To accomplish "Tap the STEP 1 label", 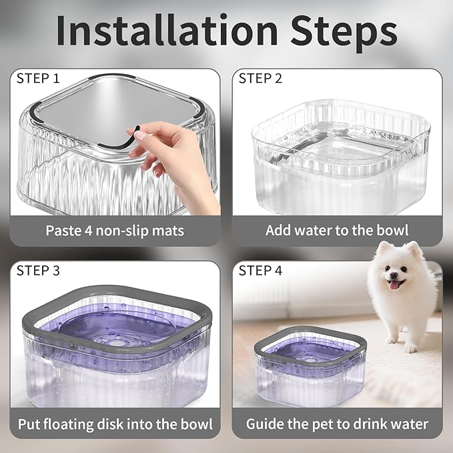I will coord(38,79).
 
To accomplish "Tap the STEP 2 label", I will coord(260,79).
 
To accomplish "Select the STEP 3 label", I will coord(38,270).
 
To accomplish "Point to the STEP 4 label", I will coord(260,270).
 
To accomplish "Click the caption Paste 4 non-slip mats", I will coord(115,231).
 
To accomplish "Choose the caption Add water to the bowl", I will coord(337,231).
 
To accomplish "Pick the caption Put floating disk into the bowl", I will coord(115,424).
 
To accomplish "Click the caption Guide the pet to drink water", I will coord(337,424).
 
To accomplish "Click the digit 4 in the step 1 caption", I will coord(88,231).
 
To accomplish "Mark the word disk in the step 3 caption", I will coord(136,424).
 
